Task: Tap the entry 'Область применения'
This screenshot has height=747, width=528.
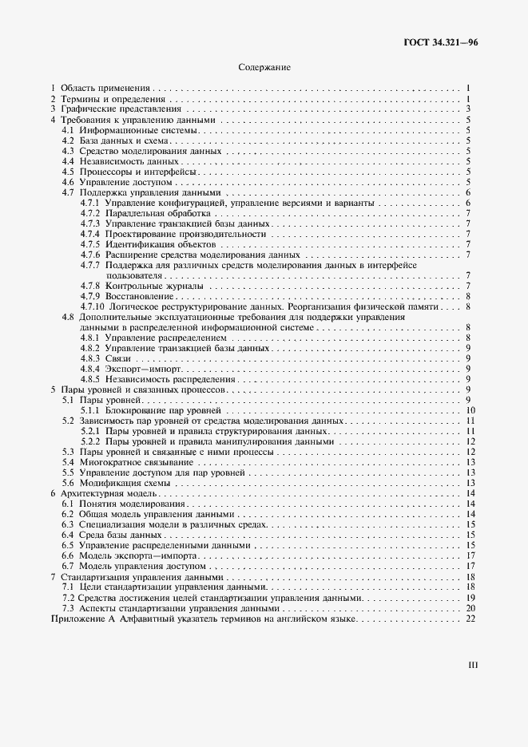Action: click(105, 88)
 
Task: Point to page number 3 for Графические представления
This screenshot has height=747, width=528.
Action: click(474, 109)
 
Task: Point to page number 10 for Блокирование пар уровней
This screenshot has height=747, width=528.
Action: click(472, 410)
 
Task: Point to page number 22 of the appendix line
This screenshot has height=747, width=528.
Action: click(471, 619)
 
